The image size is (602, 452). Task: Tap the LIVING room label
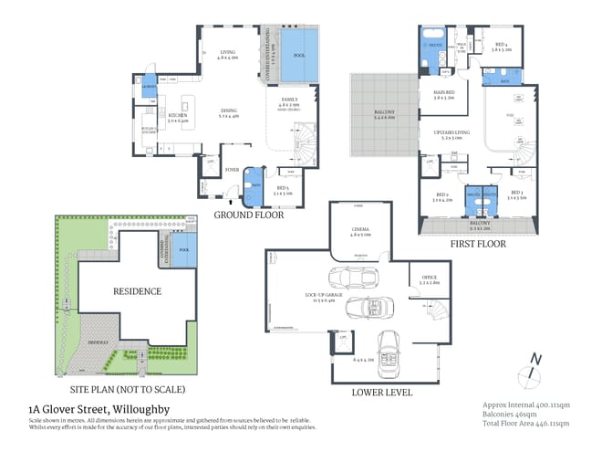(228, 53)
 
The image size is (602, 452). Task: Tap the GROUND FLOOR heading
(249, 215)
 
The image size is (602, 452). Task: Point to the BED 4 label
(502, 45)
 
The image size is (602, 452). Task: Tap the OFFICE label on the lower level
(429, 278)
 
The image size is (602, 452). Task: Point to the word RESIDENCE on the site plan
(137, 291)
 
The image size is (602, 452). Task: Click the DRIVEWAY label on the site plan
(99, 342)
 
